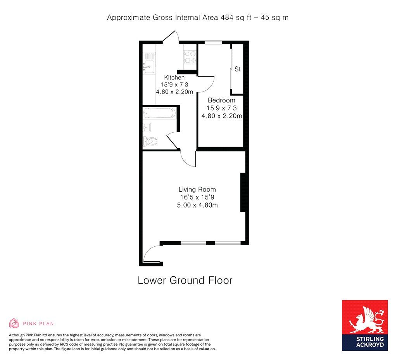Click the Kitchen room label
174,78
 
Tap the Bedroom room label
221,100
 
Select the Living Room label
197,190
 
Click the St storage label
238,69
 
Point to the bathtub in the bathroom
159,113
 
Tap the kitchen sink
148,66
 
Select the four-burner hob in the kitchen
190,57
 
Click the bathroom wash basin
147,127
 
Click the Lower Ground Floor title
185,280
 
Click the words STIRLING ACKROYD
364,341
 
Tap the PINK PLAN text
38,324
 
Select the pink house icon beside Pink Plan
14,323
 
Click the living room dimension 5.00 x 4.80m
197,205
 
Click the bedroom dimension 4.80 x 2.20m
221,116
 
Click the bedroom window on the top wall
213,42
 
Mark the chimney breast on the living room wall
243,192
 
